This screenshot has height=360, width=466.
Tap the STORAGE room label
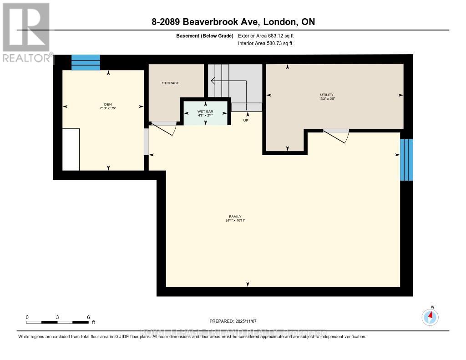pyautogui.click(x=171, y=83)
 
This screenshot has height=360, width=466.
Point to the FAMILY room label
pyautogui.click(x=235, y=216)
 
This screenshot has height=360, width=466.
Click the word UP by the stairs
pyautogui.click(x=246, y=121)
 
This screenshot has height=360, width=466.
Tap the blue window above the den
pyautogui.click(x=86, y=62)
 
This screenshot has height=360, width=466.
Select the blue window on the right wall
pyautogui.click(x=406, y=160)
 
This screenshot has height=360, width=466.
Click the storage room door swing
pyautogui.click(x=165, y=127)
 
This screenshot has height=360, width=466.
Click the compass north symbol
pyautogui.click(x=430, y=316)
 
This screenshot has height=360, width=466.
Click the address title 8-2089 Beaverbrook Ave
pyautogui.click(x=233, y=22)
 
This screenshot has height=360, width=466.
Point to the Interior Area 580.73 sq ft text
pyautogui.click(x=265, y=43)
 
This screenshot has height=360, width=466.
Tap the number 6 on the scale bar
pyautogui.click(x=88, y=317)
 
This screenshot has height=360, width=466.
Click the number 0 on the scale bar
pyautogui.click(x=27, y=317)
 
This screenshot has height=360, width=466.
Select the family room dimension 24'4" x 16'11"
pyautogui.click(x=235, y=220)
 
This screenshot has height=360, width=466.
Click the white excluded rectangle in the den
pyautogui.click(x=71, y=149)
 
